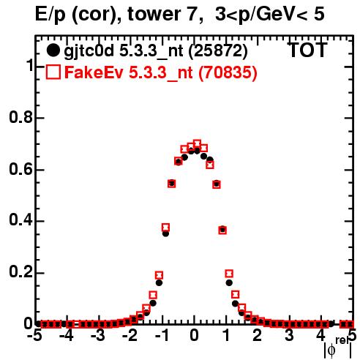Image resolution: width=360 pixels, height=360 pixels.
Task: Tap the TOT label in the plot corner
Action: [x=307, y=50]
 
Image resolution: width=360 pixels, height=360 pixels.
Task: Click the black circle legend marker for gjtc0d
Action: [x=53, y=50]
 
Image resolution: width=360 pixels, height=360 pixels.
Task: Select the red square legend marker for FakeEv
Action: [x=53, y=72]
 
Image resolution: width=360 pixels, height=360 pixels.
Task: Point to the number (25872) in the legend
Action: [x=218, y=51]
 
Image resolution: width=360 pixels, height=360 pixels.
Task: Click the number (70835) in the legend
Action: [x=228, y=72]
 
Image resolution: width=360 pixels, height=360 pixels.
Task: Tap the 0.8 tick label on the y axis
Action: [x=20, y=117]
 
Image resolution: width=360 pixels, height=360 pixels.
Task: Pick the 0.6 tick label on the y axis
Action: [x=20, y=169]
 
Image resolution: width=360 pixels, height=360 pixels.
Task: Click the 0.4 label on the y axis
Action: [x=20, y=220]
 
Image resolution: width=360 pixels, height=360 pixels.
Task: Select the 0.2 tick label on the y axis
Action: [x=20, y=272]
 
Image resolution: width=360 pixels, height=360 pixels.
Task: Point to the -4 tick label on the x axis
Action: [x=67, y=335]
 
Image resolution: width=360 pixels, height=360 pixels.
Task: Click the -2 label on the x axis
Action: [x=130, y=335]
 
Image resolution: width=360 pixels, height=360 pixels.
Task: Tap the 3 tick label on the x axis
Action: [x=289, y=335]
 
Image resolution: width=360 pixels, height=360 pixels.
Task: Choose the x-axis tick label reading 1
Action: [x=226, y=335]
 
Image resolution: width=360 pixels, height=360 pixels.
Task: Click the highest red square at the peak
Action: [x=197, y=143]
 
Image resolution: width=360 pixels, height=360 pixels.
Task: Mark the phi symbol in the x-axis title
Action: [x=331, y=350]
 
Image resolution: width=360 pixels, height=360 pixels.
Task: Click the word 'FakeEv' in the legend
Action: [x=94, y=72]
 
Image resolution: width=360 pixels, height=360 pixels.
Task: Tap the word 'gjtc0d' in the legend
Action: [x=89, y=51]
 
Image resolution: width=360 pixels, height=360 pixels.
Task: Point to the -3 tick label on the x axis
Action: [x=98, y=335]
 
